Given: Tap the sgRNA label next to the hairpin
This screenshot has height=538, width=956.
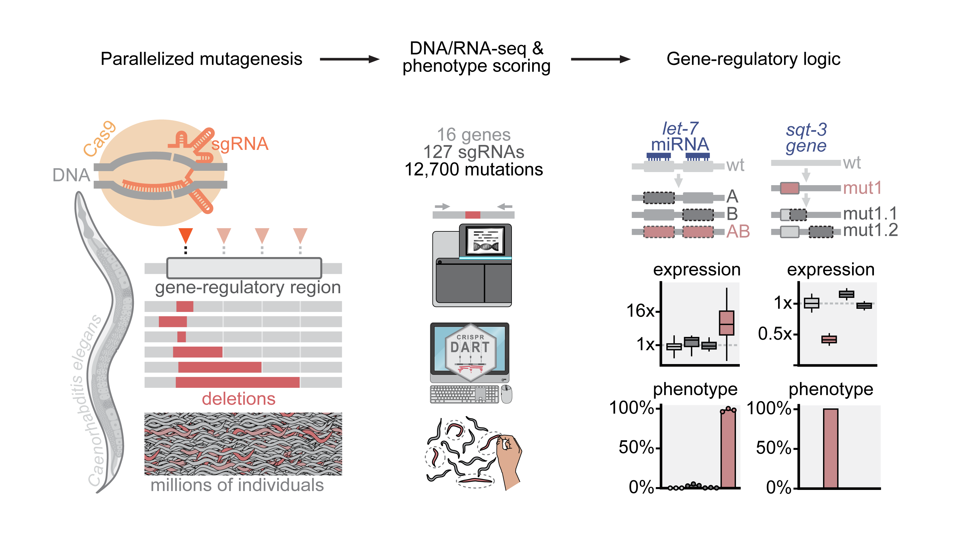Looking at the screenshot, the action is pos(240,144).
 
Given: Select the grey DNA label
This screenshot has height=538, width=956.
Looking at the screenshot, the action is pos(71,175).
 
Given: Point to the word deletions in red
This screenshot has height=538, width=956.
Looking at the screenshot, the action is pos(239,399).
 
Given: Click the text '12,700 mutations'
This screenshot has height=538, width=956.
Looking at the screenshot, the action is pos(473,169).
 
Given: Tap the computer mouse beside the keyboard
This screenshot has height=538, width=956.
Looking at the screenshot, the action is pos(506,394).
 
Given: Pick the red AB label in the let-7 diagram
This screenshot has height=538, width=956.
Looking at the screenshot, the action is pos(738,231).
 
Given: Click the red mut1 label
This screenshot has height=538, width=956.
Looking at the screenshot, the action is pos(862,188).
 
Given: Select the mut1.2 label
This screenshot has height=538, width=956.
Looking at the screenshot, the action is pos(870,230).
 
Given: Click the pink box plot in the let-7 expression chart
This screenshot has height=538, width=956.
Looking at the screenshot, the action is pos(726,323).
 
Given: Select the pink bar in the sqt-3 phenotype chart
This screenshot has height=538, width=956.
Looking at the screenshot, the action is pos(830,448).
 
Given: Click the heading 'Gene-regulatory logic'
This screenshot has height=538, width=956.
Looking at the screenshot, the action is pos(753,59).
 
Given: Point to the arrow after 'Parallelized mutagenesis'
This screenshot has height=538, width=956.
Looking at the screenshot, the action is pos(350,59).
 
